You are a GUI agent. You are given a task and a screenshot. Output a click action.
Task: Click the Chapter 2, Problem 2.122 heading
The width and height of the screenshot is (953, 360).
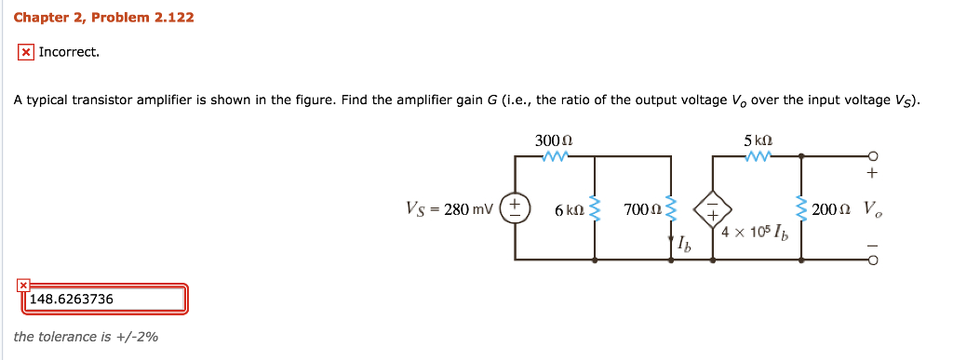pos(103,18)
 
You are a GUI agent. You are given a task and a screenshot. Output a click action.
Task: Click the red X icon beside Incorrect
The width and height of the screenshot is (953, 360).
pos(26,52)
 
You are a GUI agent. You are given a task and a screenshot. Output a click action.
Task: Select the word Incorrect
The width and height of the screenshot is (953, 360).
pos(69,52)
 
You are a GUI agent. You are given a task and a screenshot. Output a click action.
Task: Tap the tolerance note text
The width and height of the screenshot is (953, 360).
pos(86,337)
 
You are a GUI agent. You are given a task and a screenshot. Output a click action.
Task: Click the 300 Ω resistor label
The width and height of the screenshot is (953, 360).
pos(554,140)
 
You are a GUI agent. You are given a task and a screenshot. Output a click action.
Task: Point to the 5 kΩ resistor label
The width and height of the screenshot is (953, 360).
pos(758,140)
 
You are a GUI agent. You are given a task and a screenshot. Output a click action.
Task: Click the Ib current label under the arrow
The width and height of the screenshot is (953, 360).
pos(685,246)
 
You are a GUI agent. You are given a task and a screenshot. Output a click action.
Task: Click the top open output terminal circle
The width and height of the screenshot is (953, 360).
pos(872,155)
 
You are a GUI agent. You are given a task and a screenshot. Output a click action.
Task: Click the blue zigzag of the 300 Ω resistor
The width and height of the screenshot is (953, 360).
pos(555,156)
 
